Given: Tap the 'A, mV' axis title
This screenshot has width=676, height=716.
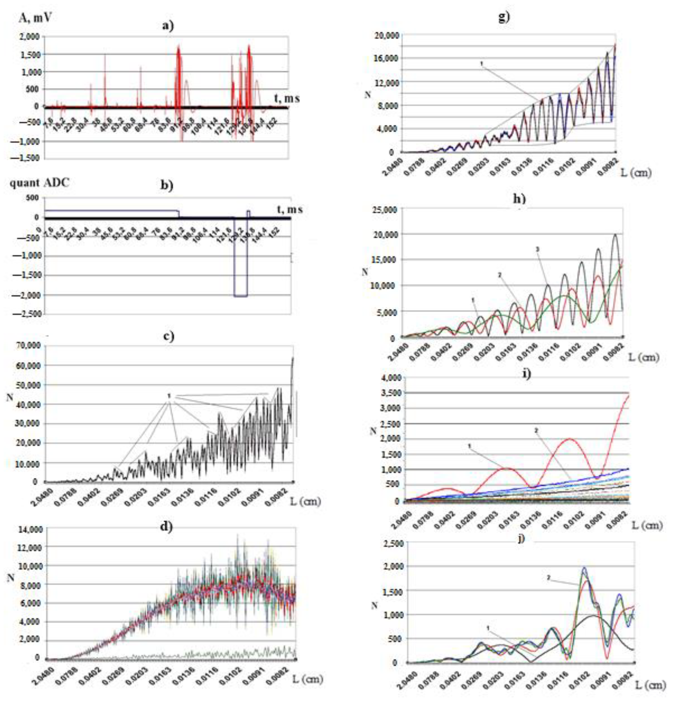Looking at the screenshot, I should [x=35, y=17].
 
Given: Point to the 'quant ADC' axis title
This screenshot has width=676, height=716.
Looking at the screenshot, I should [x=40, y=183].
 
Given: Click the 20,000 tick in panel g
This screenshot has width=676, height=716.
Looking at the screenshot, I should [x=383, y=35].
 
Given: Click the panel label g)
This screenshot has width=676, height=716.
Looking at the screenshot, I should [x=504, y=17].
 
